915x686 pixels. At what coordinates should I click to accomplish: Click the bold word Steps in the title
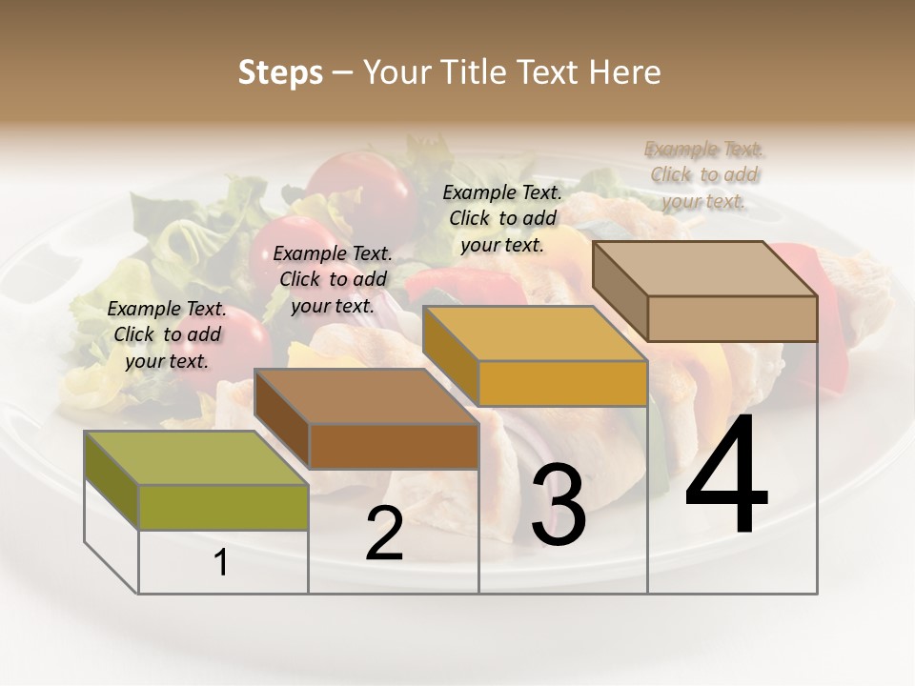(280, 72)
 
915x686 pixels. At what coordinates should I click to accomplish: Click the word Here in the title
(624, 72)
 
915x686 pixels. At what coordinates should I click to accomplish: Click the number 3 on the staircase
(558, 506)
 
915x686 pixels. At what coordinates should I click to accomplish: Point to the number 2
(384, 534)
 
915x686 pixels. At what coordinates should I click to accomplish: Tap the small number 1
(220, 563)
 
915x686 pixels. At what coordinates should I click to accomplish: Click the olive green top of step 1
(195, 456)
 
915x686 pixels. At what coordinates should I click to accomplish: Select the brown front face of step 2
(394, 446)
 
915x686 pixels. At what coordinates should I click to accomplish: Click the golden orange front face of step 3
(562, 383)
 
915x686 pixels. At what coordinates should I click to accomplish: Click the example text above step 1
(167, 334)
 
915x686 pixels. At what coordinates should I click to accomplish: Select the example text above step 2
(333, 279)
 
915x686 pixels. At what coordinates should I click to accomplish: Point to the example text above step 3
(502, 218)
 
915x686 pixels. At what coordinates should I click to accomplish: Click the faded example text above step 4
(704, 174)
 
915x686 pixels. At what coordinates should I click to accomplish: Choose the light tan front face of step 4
(732, 318)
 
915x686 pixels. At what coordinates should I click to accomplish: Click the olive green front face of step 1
(223, 506)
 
